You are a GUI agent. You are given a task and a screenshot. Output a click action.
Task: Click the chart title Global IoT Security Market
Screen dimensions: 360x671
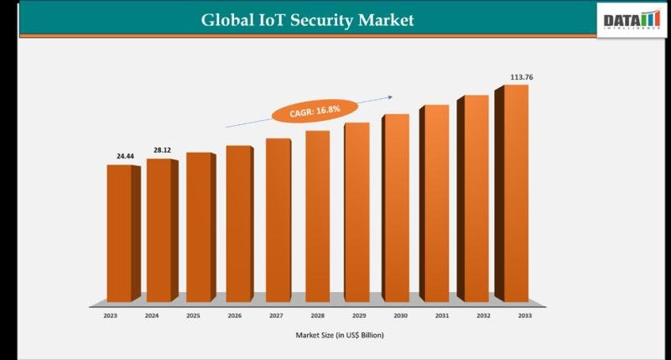click(x=307, y=19)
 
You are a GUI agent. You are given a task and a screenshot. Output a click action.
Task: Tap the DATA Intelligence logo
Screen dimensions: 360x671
click(x=629, y=19)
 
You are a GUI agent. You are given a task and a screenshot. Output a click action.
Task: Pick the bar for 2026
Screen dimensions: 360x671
click(x=238, y=223)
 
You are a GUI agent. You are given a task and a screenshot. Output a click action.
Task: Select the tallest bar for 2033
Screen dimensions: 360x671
click(x=515, y=193)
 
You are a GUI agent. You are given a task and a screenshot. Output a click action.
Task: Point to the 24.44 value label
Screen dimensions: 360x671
click(x=125, y=156)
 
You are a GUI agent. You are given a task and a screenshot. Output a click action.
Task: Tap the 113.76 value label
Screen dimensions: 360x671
click(x=522, y=77)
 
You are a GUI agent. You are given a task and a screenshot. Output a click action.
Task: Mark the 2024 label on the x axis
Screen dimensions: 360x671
click(x=151, y=316)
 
